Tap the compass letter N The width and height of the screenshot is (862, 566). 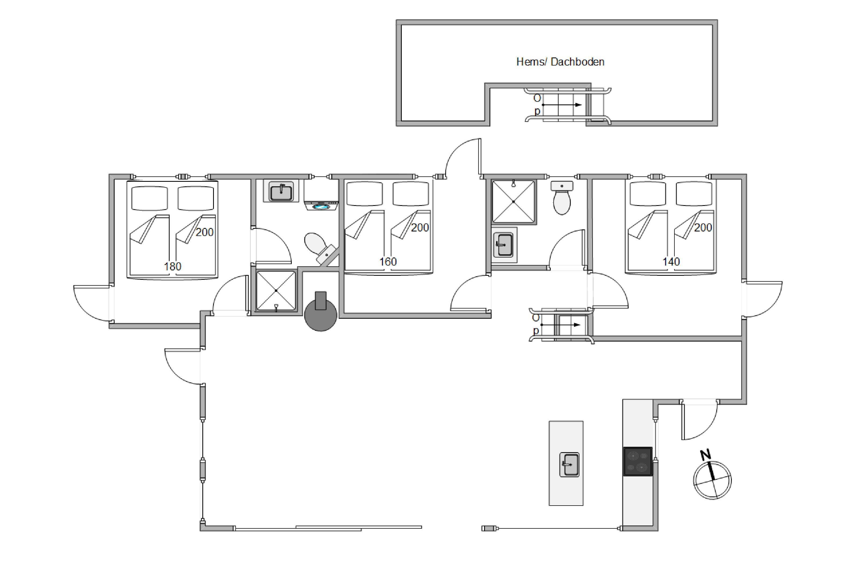(705, 455)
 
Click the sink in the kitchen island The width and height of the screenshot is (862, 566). (569, 465)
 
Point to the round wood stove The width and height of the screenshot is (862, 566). (320, 312)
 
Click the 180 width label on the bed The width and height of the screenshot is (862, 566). (172, 267)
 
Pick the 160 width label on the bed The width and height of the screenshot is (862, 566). (388, 262)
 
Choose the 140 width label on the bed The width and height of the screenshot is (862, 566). (671, 262)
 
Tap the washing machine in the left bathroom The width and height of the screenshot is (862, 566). (321, 196)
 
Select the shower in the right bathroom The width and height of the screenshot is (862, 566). (514, 201)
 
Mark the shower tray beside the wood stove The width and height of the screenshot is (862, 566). (276, 291)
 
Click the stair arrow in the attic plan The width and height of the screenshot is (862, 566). (562, 105)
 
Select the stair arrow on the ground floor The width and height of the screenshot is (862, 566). (561, 325)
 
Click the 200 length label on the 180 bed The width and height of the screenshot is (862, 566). (205, 232)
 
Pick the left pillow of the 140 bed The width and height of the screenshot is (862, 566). (648, 194)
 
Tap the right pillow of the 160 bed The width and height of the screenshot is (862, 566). (411, 194)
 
